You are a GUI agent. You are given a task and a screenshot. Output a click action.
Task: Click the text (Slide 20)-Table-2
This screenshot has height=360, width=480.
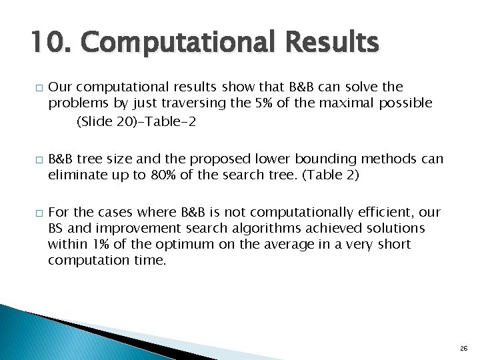[x=137, y=122]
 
